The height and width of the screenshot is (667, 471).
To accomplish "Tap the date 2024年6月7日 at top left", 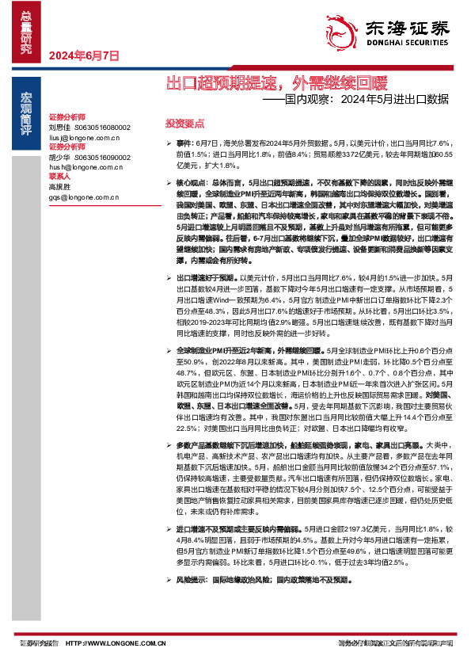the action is (x=84, y=56).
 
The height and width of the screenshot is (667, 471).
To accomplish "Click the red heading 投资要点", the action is (x=184, y=124).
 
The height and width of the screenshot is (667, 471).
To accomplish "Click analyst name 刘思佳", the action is (x=59, y=126).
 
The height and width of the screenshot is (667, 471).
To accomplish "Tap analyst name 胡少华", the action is (x=59, y=157).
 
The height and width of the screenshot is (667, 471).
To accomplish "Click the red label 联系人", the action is (x=60, y=177).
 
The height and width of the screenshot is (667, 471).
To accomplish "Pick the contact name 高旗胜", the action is (x=59, y=188).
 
